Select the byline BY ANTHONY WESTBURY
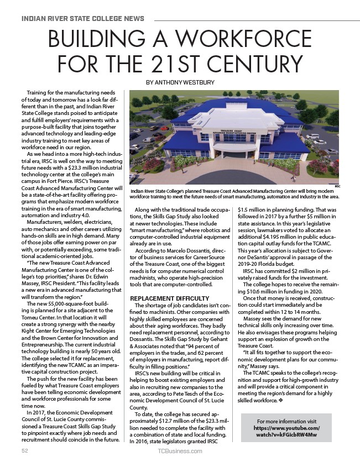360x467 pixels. point(180,82)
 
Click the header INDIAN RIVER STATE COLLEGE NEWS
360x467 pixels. point(82,18)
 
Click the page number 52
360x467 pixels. point(25,451)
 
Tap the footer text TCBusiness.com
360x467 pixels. point(180,451)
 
